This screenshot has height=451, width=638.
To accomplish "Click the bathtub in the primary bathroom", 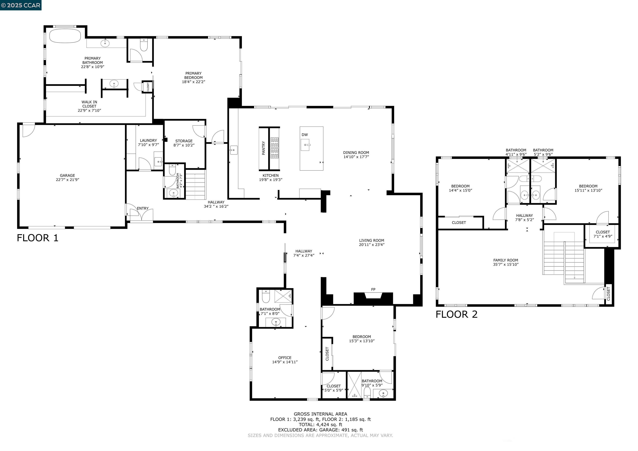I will coord(65,36).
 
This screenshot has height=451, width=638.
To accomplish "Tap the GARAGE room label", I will coord(67,175).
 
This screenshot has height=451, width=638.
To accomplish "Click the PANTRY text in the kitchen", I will coord(263,148).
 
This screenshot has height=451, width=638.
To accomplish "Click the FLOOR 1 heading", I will coord(38,238).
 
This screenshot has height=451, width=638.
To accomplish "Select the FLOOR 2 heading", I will coord(456,314).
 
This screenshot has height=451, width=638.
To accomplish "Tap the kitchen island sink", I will coord(305,145).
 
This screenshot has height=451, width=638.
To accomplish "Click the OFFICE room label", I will coord(285,358).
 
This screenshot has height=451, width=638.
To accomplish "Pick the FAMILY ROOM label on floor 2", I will coord(505,260).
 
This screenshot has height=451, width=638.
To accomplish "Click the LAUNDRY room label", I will coord(148,141).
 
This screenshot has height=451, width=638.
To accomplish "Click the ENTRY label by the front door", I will coord(142,208).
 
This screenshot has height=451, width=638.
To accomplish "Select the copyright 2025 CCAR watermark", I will coord(21,5).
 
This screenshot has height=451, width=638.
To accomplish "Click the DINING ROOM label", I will coord(356,152).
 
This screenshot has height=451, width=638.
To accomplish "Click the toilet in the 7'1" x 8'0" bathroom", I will coord(266,298).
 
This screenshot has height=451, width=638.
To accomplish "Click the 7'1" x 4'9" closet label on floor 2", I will coord(603,236).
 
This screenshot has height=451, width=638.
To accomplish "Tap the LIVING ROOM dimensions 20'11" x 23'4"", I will coord(372,245).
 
